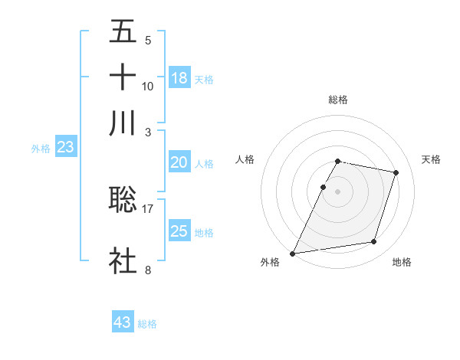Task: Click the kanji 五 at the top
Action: (x=123, y=33)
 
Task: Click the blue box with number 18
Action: (x=179, y=78)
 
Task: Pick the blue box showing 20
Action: (x=179, y=162)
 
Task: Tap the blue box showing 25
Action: (x=179, y=231)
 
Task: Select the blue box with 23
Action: (x=65, y=148)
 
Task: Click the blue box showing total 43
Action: (x=123, y=322)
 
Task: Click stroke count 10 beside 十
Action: (x=148, y=86)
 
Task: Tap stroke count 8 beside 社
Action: (x=148, y=270)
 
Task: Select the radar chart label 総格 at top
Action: (x=338, y=100)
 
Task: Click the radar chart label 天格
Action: (x=431, y=159)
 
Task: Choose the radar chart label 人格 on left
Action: (x=245, y=159)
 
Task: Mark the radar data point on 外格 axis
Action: (x=293, y=253)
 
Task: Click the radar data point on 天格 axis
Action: (x=396, y=173)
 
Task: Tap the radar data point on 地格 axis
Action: (x=374, y=242)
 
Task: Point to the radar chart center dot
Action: (x=338, y=191)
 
